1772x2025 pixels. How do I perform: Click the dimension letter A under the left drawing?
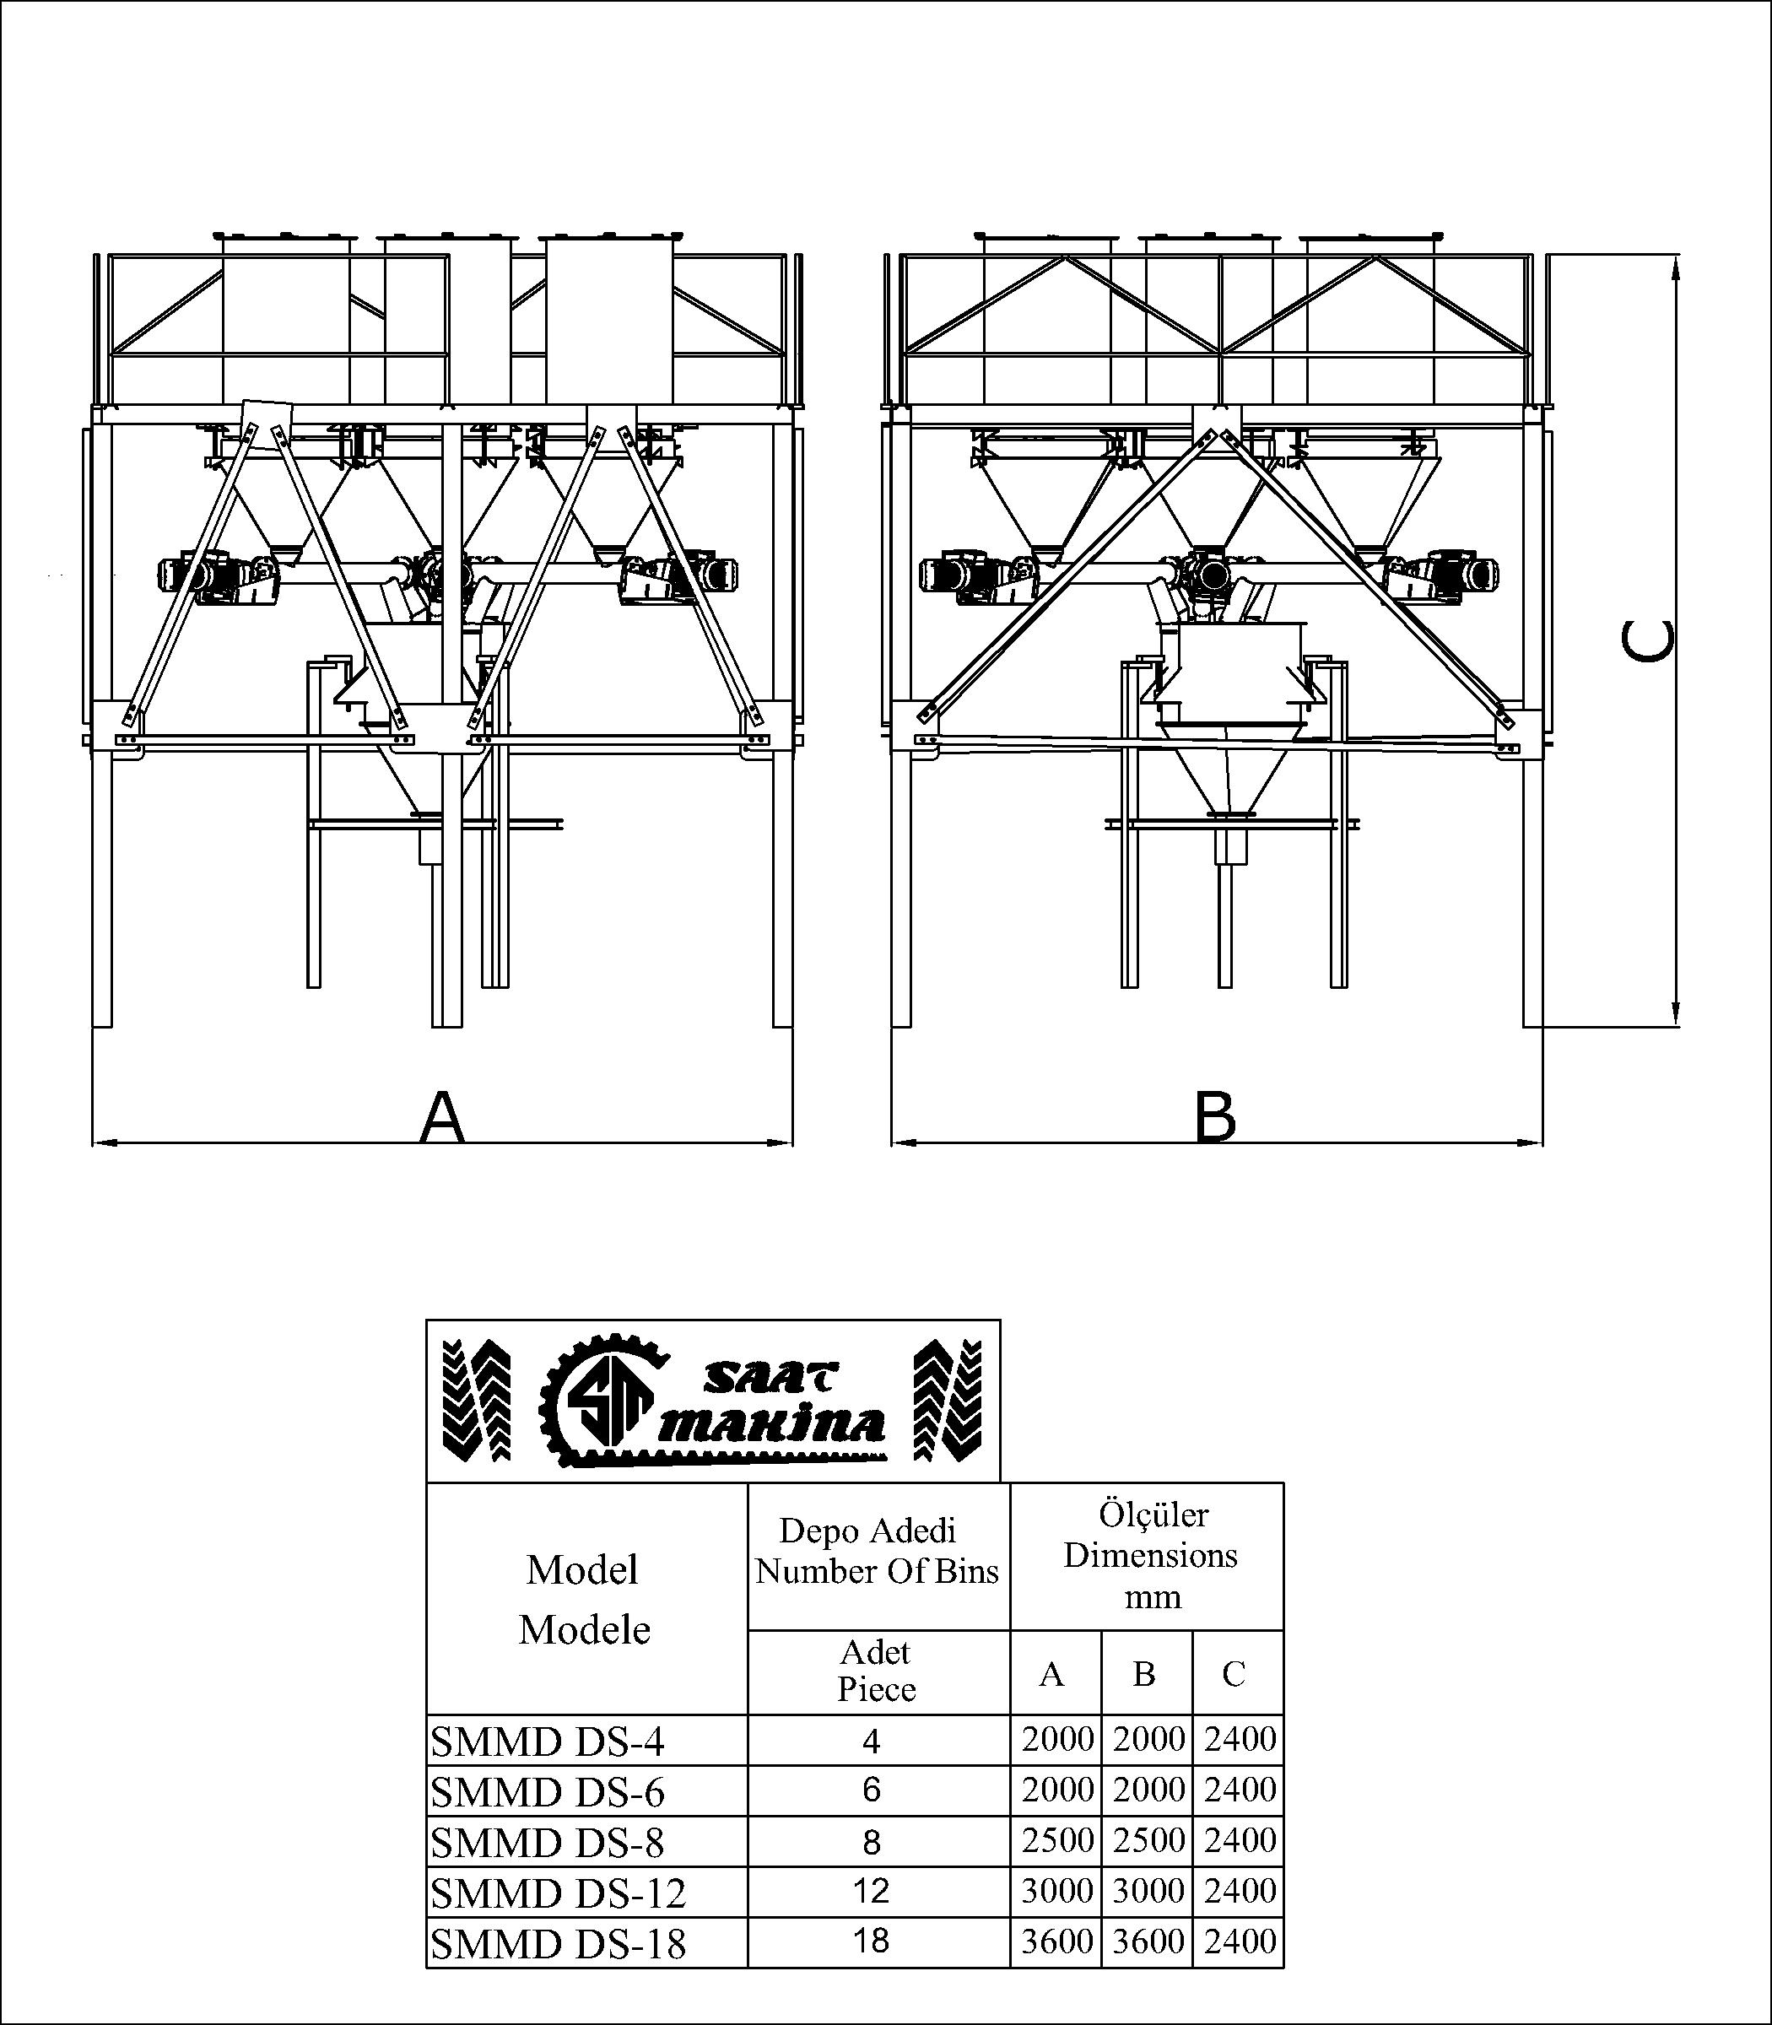[442, 1117]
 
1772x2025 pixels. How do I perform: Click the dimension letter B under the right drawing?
[1215, 1117]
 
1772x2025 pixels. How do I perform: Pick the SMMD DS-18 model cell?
[559, 1944]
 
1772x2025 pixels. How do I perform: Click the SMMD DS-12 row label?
[559, 1893]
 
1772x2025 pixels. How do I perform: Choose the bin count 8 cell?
[871, 1842]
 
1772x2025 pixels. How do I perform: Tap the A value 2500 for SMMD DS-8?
[1057, 1840]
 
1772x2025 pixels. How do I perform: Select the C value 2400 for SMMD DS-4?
[1239, 1739]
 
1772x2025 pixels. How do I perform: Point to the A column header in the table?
[1051, 1674]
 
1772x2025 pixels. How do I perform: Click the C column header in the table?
[1233, 1674]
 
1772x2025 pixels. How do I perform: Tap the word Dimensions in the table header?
[1150, 1555]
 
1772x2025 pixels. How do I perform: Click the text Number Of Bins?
[877, 1572]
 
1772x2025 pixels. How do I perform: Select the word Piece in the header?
[876, 1689]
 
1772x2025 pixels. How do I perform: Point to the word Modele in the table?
[585, 1630]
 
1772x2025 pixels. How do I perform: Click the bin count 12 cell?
[871, 1892]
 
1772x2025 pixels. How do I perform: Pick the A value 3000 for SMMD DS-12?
[1057, 1892]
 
